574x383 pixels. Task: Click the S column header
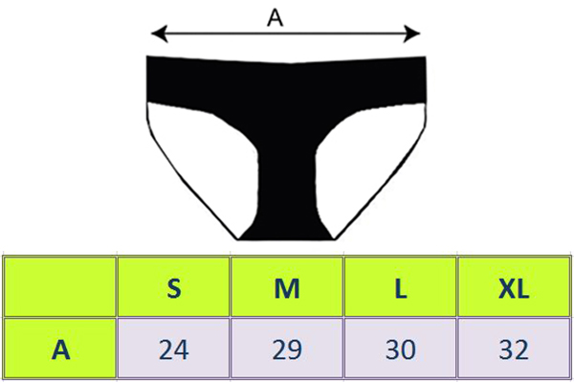(173, 286)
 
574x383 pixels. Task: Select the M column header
(287, 286)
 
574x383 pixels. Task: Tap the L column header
(400, 286)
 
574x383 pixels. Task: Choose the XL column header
(514, 286)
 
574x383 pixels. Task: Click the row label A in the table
(61, 349)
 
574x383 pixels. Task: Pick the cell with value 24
(173, 349)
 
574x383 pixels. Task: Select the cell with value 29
(287, 349)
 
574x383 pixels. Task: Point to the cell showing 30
(400, 349)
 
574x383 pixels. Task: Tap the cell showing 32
(514, 349)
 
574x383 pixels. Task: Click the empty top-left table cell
(61, 286)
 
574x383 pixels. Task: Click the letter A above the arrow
(276, 17)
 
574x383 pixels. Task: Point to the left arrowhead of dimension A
(158, 36)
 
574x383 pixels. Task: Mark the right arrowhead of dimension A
(414, 36)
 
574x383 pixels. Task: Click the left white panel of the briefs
(196, 153)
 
